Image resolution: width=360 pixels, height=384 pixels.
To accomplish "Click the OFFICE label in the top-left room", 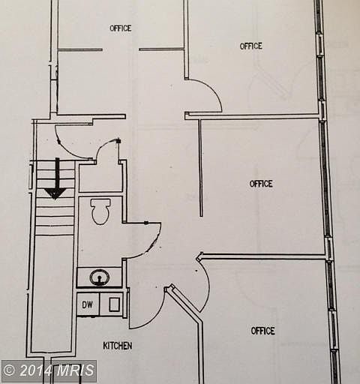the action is pos(121,28).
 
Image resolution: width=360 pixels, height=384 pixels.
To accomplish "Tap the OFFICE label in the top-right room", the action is pos(251,46).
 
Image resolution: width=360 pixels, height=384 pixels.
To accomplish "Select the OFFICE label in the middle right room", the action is pos(261,184).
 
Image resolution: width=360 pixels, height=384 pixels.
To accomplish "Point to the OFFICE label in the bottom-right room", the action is pos(263,331).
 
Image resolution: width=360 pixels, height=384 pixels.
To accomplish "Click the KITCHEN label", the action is pos(118,346).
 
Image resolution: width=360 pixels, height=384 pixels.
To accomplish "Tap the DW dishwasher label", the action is pos(87,304).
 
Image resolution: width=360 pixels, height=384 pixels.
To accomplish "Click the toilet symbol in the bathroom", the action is pos(100,211).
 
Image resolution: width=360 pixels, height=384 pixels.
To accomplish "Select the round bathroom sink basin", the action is pos(100,277).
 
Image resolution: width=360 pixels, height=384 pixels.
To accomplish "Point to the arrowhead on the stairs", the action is pos(55,193).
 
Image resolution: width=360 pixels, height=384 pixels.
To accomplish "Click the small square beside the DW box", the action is pos(115,304).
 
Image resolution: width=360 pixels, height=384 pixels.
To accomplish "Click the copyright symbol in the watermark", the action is pos(9,370).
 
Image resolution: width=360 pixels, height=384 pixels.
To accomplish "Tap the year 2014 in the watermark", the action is pos(34,370).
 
